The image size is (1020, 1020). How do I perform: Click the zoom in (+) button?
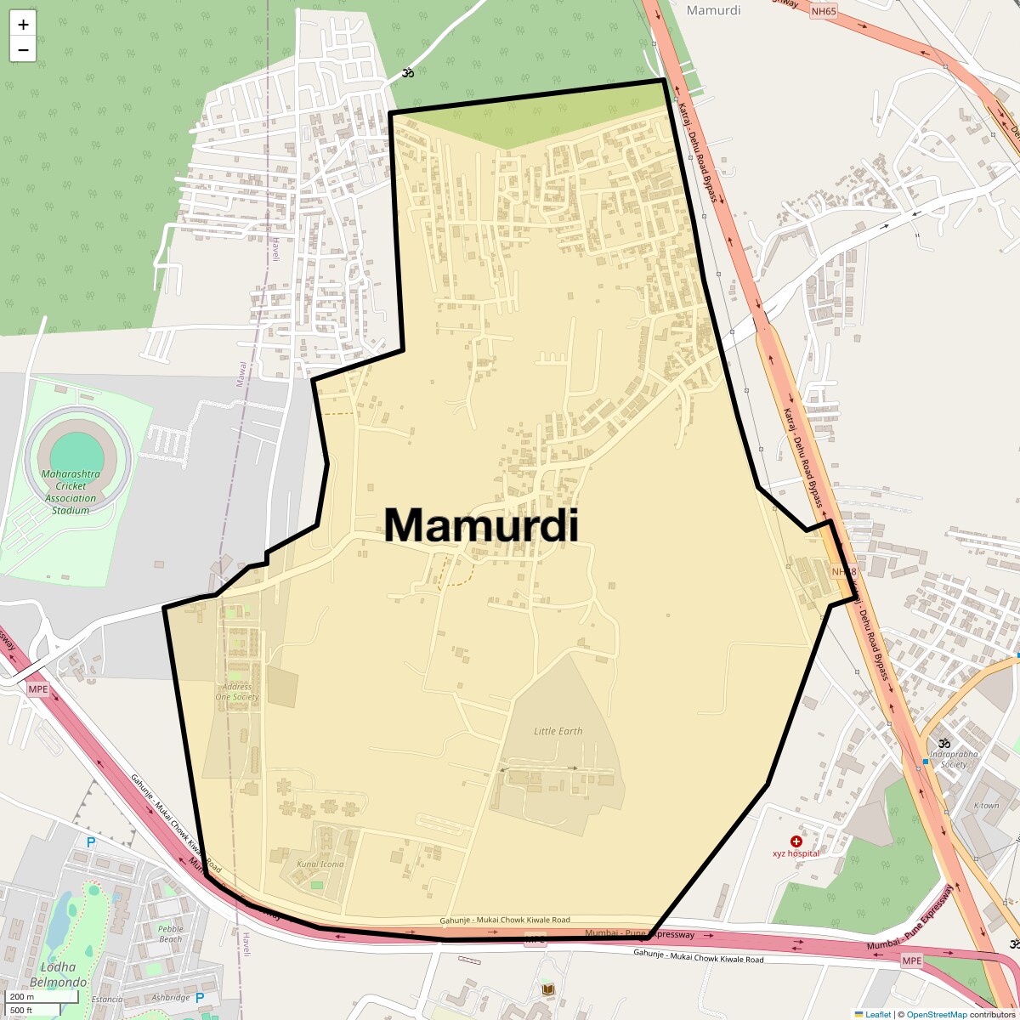point(23,25)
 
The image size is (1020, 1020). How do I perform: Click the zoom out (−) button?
point(23,49)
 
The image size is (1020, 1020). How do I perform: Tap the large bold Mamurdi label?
point(481,525)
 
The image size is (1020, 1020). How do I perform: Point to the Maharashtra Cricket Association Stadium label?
point(71,492)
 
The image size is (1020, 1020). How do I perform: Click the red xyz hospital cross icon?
point(796,841)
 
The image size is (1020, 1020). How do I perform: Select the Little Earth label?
point(558,731)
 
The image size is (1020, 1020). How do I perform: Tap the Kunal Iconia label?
point(320,864)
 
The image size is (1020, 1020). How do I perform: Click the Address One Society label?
point(236,692)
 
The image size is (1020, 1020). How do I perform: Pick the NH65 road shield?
point(823,11)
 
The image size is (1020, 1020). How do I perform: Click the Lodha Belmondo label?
point(64,974)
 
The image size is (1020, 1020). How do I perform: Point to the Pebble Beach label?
point(170,933)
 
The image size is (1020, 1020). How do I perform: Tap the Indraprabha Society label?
point(954,758)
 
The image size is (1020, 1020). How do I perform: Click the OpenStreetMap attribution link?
point(937,1014)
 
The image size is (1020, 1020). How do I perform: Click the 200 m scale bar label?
point(22,996)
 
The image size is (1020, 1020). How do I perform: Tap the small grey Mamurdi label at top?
point(713,10)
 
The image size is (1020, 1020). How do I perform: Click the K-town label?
point(986,805)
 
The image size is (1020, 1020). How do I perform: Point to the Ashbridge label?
point(170,997)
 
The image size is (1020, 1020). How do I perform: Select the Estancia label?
point(107,1000)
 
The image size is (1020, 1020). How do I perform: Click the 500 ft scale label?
point(22,1010)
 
